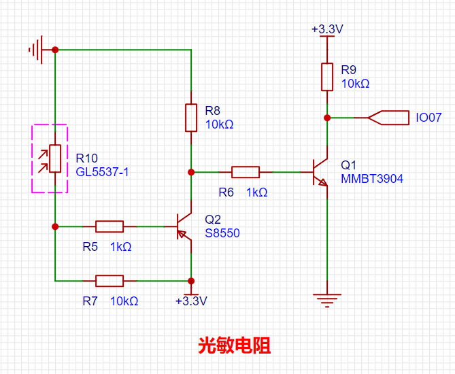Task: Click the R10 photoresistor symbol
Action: tap(54, 158)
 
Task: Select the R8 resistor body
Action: tap(191, 118)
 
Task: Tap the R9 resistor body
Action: tap(327, 77)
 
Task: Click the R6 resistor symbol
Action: tap(246, 172)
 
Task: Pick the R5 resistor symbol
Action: tap(109, 226)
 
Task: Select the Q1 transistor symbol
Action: tap(319, 172)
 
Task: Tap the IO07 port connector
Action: tap(388, 118)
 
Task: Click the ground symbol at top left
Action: tap(37, 50)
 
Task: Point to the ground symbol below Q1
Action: tap(327, 299)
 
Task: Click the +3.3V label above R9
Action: tap(327, 30)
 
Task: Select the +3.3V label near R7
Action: tap(191, 301)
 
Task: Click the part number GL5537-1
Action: tap(102, 172)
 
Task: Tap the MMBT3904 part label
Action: tap(372, 179)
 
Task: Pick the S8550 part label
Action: tap(222, 233)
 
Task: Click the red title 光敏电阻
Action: tap(235, 345)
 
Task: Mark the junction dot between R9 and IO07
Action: tap(327, 118)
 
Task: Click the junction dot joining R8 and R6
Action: tap(191, 172)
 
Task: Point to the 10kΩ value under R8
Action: tap(219, 124)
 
